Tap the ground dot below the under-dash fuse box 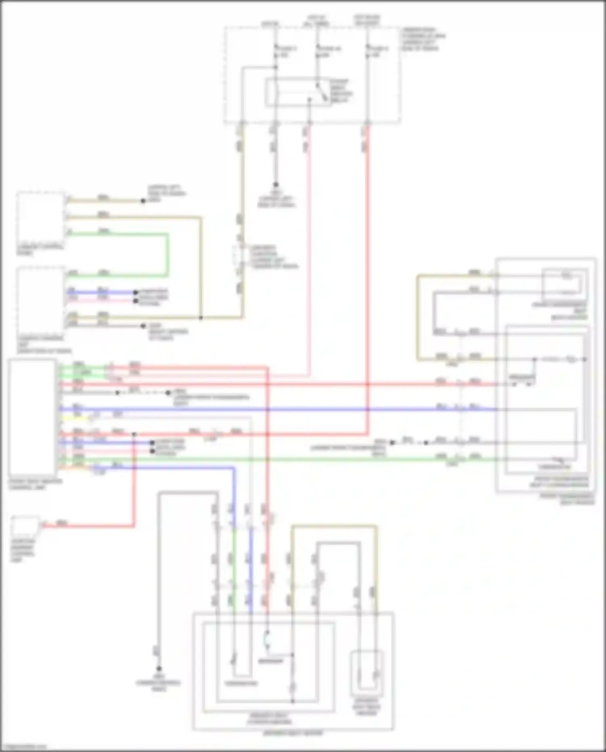276,185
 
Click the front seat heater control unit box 32,418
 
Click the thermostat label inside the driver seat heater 241,684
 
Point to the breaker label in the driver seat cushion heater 271,661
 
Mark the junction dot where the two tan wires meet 201,318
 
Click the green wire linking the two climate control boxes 167,255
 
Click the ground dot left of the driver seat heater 159,669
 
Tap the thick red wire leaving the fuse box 368,283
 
